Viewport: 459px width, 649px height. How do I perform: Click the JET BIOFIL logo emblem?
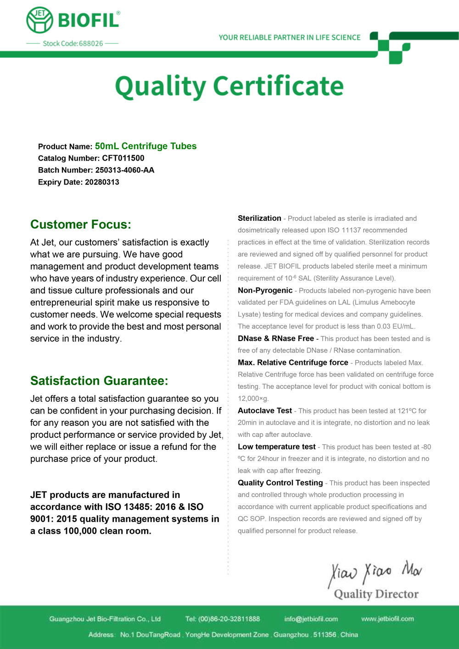pyautogui.click(x=40, y=20)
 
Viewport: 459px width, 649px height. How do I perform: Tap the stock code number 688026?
pyautogui.click(x=91, y=44)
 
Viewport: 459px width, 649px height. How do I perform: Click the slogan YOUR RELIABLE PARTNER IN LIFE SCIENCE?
pyautogui.click(x=290, y=38)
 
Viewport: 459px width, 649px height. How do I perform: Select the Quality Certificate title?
pyautogui.click(x=229, y=86)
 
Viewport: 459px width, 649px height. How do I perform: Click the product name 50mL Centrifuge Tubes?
pyautogui.click(x=146, y=146)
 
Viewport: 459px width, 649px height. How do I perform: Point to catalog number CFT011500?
pyautogui.click(x=123, y=158)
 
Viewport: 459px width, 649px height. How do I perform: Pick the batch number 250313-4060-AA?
pyautogui.click(x=125, y=170)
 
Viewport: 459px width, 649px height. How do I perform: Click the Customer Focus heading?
pyautogui.click(x=81, y=224)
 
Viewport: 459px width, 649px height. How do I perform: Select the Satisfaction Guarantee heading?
pyautogui.click(x=99, y=381)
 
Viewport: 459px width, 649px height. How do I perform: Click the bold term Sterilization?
pyautogui.click(x=259, y=218)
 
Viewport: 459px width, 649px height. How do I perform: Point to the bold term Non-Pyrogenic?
pyautogui.click(x=265, y=291)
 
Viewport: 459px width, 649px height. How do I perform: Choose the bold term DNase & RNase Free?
pyautogui.click(x=276, y=339)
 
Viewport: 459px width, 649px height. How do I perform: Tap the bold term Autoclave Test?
pyautogui.click(x=265, y=411)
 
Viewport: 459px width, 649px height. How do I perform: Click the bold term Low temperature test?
pyautogui.click(x=277, y=447)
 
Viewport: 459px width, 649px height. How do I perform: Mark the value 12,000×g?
pyautogui.click(x=253, y=398)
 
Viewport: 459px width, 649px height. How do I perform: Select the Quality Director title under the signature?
pyautogui.click(x=376, y=594)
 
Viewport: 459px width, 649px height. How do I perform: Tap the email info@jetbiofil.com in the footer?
pyautogui.click(x=311, y=619)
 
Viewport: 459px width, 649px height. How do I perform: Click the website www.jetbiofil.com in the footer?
pyautogui.click(x=387, y=619)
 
